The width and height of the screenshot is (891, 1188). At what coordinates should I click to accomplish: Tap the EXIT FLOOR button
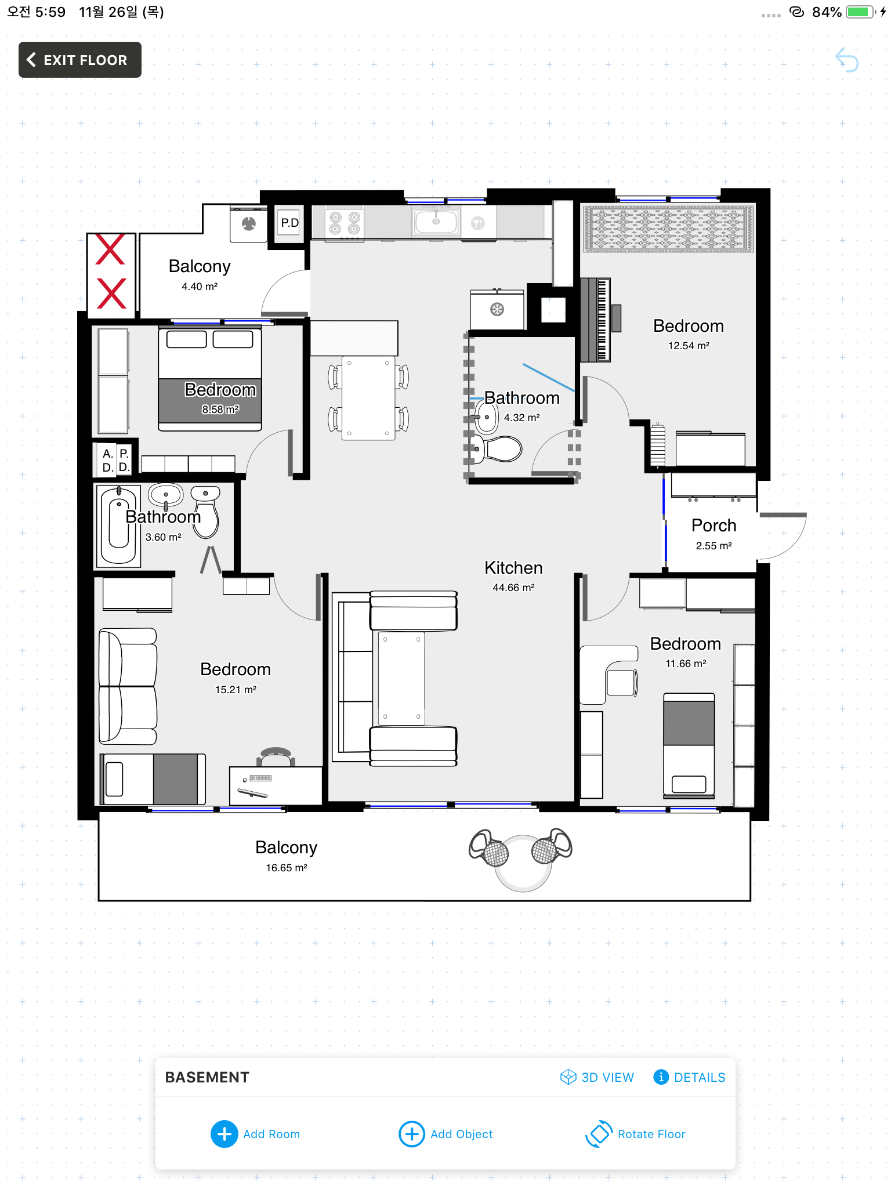tap(80, 60)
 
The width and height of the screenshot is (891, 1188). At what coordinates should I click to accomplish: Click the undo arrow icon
tap(847, 60)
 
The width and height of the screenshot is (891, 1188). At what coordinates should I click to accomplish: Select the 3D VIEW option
tap(597, 1077)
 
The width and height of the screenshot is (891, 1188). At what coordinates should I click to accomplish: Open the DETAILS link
tap(689, 1077)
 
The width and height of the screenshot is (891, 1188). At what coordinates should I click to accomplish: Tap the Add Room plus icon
tap(224, 1134)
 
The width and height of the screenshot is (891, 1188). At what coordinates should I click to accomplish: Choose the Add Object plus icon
tap(412, 1134)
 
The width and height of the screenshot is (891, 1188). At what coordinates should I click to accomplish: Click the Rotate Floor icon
tap(599, 1134)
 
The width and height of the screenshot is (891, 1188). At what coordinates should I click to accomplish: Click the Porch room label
tap(713, 526)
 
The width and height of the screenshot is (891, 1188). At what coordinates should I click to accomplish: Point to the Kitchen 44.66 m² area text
tap(513, 588)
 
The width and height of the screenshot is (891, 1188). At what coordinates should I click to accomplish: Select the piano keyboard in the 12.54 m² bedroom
tap(596, 320)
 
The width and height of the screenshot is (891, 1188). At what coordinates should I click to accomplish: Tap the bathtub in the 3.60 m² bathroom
tap(118, 526)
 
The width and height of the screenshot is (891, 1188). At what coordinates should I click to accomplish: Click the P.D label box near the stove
tap(289, 223)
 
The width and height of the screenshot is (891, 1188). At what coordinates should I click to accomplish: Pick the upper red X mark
tap(110, 249)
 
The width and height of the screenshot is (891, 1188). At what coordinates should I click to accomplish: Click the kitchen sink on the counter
tap(436, 222)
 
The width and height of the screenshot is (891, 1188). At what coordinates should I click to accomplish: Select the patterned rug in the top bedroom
tap(668, 229)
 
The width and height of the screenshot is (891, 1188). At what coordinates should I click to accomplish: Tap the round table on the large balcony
tap(523, 863)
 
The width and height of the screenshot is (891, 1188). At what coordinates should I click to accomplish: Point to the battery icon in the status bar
tap(861, 12)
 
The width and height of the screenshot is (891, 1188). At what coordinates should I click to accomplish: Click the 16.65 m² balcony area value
tap(287, 868)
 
